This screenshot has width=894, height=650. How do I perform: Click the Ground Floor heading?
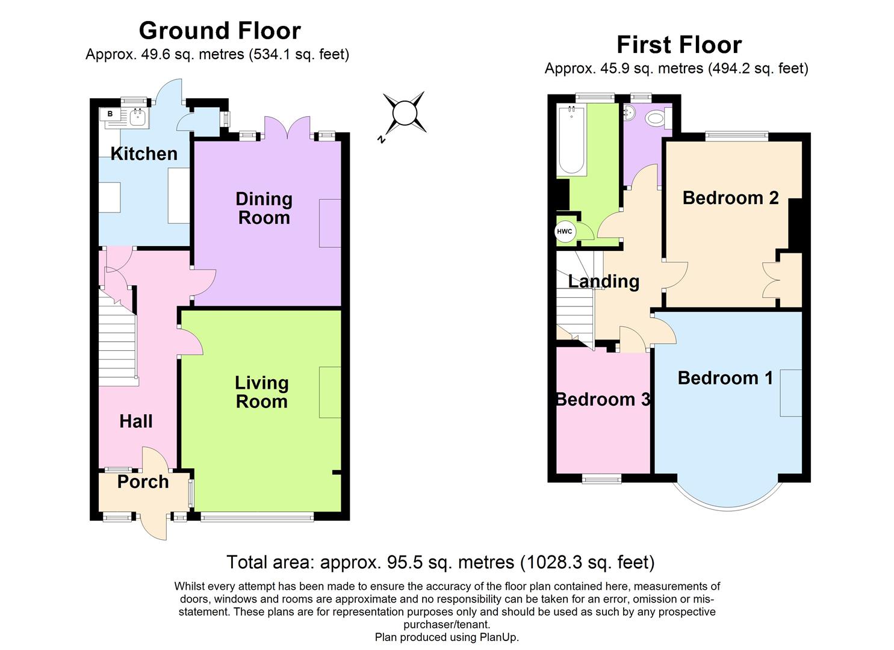tap(220, 30)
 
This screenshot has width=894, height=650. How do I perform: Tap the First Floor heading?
tap(678, 45)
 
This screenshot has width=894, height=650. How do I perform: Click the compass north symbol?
tap(404, 113)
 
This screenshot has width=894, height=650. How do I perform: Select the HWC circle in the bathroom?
tap(565, 232)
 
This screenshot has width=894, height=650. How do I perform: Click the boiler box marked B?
tap(110, 114)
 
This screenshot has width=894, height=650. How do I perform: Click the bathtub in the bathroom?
tap(572, 141)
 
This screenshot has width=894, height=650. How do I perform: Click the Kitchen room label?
tap(144, 153)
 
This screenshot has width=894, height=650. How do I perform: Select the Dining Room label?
tap(264, 208)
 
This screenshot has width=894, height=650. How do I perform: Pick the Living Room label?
tap(261, 392)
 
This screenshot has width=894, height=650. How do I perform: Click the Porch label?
tap(143, 481)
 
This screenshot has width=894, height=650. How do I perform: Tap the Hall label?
tap(135, 421)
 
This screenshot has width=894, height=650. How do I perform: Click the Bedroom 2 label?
tap(730, 197)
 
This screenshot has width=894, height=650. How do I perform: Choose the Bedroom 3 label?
tap(603, 399)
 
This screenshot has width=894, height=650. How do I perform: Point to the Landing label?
tap(603, 281)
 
